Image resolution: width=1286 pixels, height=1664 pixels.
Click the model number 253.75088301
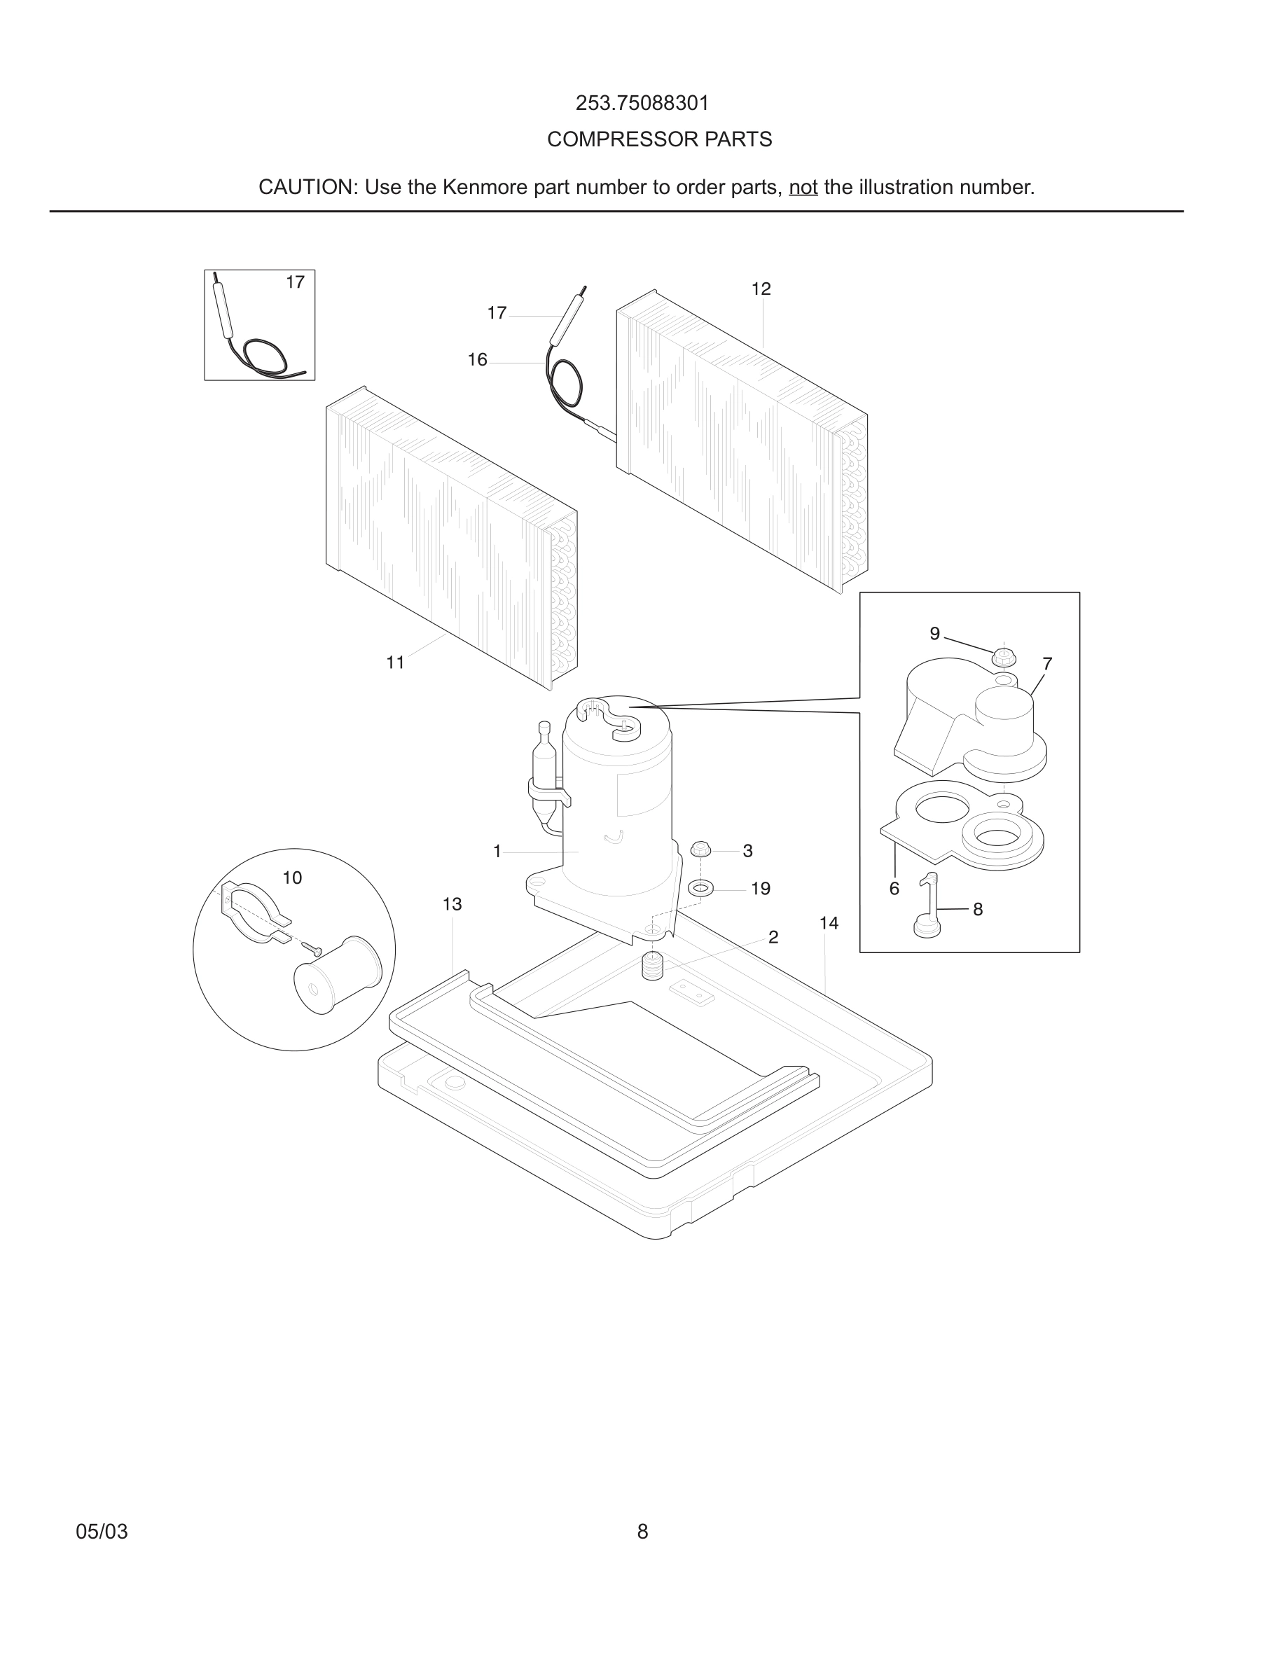coord(642,103)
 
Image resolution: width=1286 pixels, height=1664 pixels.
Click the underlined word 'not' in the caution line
coord(803,188)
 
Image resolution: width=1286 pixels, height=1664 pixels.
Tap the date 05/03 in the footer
coord(102,1532)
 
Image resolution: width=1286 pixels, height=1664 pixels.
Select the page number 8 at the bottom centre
coord(642,1532)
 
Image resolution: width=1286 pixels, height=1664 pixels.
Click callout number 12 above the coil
coord(761,289)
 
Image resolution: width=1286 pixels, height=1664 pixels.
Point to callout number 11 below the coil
coord(394,663)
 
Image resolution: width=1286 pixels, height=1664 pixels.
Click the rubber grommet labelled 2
coord(653,966)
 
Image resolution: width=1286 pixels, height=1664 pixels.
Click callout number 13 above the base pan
coord(452,904)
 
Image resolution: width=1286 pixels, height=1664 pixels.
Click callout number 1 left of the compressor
coord(497,852)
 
